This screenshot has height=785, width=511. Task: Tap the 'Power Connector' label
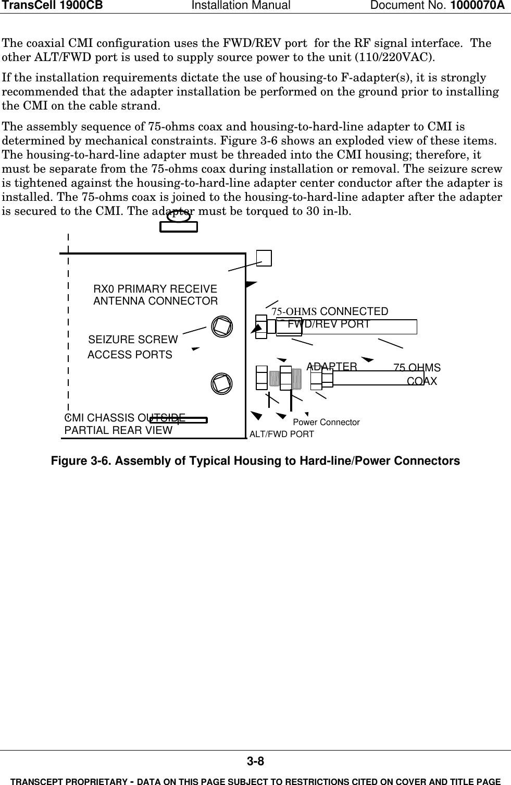click(326, 422)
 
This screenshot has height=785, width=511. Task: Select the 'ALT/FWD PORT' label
click(282, 434)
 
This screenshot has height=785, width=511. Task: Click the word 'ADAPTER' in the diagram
click(332, 367)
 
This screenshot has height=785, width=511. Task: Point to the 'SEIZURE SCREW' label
click(133, 340)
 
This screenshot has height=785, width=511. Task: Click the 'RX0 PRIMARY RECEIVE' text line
click(155, 289)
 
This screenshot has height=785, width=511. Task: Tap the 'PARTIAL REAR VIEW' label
click(118, 430)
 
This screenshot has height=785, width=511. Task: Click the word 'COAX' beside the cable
click(421, 381)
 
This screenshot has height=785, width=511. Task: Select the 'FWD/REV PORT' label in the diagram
click(329, 324)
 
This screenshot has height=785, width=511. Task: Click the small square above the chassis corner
click(264, 258)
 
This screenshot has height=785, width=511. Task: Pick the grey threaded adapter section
click(296, 378)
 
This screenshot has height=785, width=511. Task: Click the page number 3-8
click(255, 762)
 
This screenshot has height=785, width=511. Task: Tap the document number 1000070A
click(478, 6)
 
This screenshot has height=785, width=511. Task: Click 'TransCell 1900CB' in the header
click(51, 6)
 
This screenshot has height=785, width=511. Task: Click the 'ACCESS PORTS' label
click(130, 355)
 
